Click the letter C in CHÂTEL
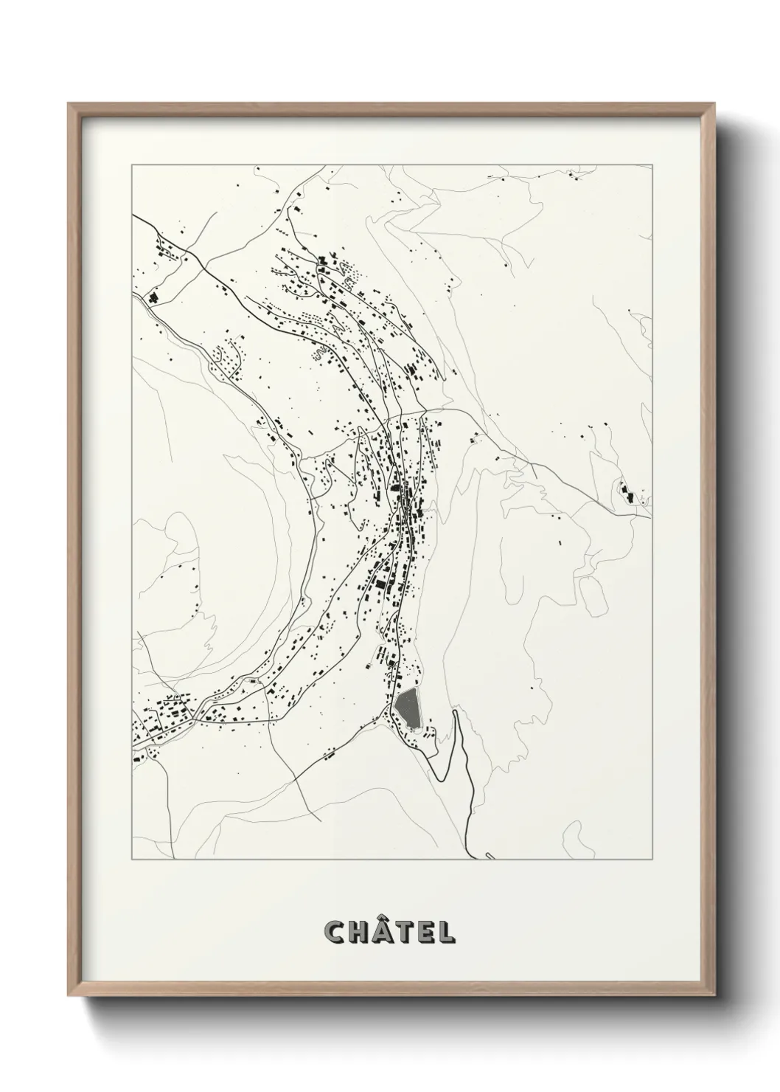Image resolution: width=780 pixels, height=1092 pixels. tap(336, 933)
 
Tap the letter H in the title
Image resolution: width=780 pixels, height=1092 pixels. tap(360, 933)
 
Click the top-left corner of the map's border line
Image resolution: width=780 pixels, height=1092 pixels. tap(132, 165)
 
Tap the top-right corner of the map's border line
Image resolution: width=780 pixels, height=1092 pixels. tap(652, 165)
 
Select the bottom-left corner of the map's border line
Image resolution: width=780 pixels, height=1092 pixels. tap(132, 860)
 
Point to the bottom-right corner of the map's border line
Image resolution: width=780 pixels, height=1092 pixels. tap(652, 860)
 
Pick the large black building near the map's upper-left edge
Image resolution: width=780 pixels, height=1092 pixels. tap(154, 297)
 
